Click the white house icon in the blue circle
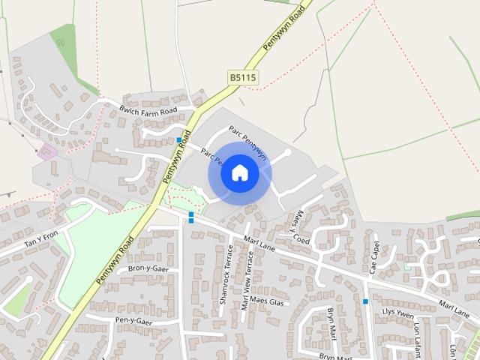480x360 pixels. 239,173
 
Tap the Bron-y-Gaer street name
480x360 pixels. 148,268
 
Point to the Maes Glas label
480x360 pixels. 267,302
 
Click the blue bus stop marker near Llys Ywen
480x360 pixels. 366,301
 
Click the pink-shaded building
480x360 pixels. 46,151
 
